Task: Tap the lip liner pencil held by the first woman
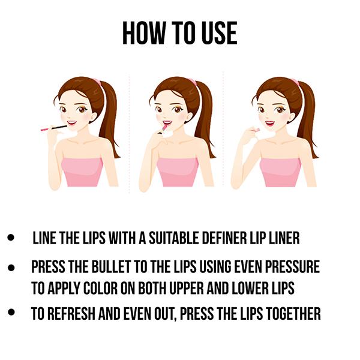click(54, 128)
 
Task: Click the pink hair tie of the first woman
click(97, 81)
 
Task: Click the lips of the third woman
click(270, 124)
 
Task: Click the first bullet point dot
click(11, 238)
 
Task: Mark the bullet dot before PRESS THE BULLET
click(11, 268)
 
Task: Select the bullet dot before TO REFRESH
click(11, 312)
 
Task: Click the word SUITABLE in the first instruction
click(174, 238)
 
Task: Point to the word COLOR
click(101, 288)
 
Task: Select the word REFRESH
click(71, 314)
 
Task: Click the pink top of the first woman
click(82, 172)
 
